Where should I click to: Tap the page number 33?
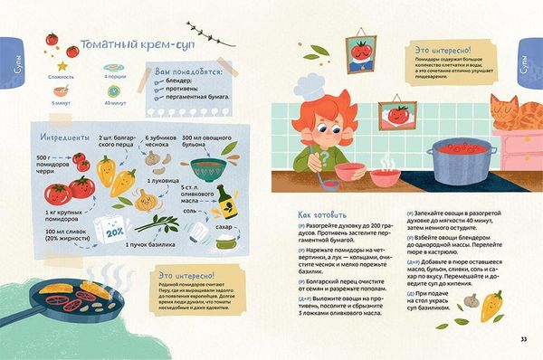coord(523,339)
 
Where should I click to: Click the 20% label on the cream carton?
coord(114,230)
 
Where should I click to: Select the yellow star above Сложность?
coord(62,66)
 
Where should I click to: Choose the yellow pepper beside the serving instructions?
coord(491,301)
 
